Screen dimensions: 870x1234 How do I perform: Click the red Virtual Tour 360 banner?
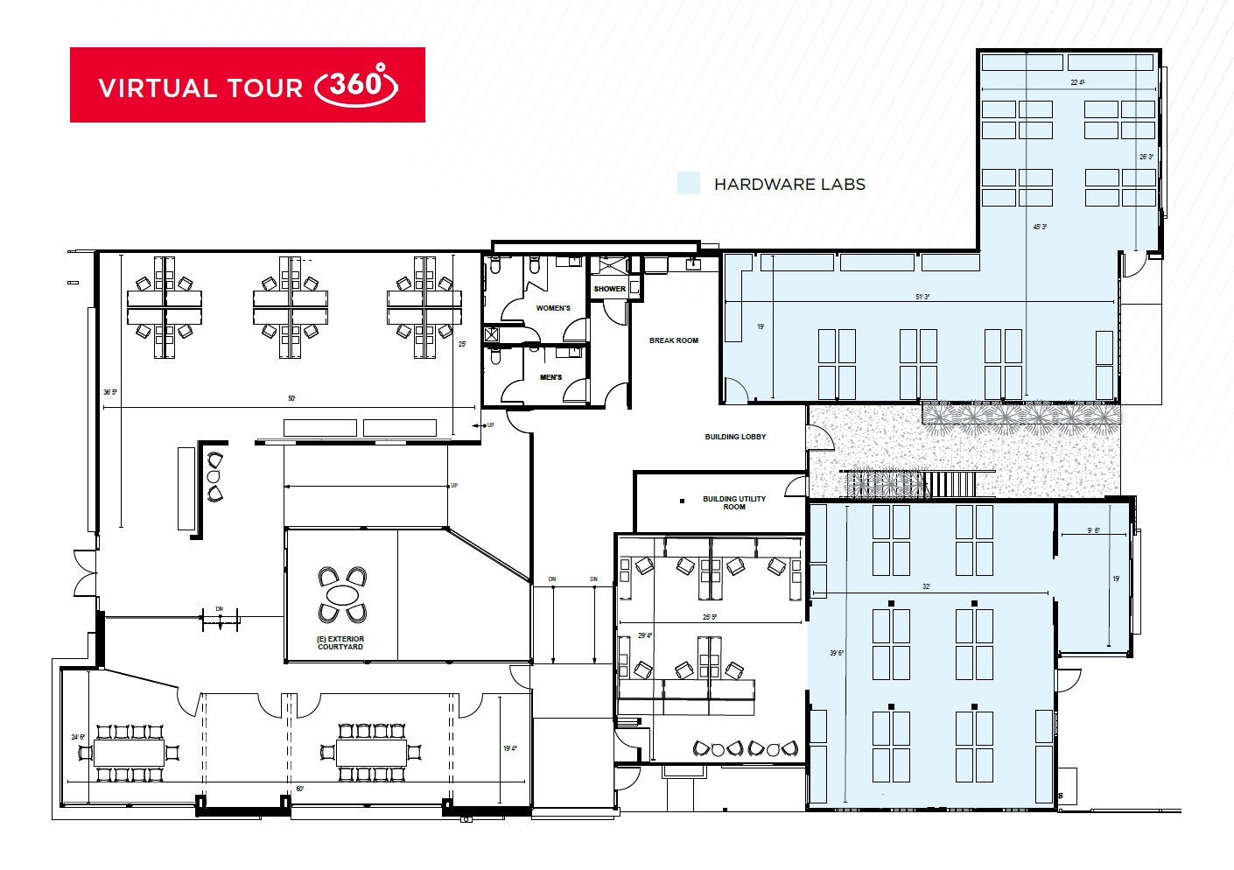[x=248, y=85]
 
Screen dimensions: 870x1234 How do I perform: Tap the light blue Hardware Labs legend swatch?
[x=689, y=183]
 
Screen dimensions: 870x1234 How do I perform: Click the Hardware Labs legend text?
[x=789, y=185]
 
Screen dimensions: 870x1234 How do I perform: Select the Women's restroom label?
[x=553, y=308]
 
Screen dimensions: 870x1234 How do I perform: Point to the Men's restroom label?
[x=551, y=377]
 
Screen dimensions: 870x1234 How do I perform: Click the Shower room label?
[x=609, y=289]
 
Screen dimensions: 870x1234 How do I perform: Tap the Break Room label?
[x=674, y=340]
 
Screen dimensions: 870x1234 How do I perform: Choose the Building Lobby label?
[x=735, y=437]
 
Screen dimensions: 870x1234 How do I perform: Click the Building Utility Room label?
[x=734, y=502]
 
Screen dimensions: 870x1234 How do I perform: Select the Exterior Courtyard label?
[x=340, y=643]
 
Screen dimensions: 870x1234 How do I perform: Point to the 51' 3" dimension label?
[x=922, y=297]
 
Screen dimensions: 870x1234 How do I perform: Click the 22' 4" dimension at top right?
[x=1077, y=82]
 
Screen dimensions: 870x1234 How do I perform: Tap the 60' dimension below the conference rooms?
[x=300, y=789]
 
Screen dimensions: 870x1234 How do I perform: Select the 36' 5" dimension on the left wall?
[x=109, y=392]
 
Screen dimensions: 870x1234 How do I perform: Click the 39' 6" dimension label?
[x=836, y=653]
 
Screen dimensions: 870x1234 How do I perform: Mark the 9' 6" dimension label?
[x=1093, y=530]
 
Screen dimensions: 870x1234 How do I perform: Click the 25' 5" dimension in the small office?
[x=710, y=617]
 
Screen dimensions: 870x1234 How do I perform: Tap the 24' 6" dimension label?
[x=78, y=737]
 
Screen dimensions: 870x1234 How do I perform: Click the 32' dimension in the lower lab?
[x=926, y=586]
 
